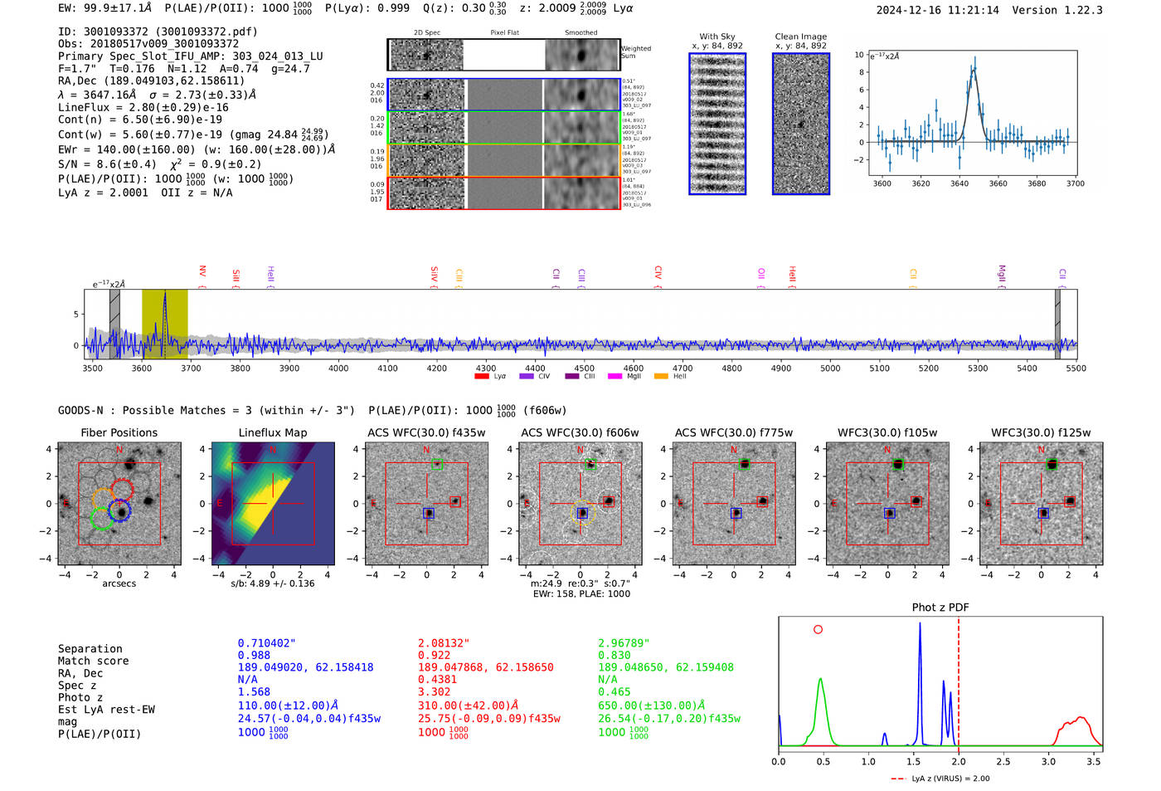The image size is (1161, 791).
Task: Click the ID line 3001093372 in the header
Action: tap(158, 32)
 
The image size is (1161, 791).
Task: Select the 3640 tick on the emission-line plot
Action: tap(959, 183)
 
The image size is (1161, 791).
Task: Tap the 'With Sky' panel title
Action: tap(717, 37)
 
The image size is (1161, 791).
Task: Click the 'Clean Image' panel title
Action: tap(800, 37)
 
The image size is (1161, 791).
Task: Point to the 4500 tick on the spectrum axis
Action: tap(584, 368)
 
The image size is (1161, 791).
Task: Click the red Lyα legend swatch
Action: tap(481, 377)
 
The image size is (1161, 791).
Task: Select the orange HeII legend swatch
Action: tap(661, 377)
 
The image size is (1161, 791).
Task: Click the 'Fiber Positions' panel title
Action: tap(119, 432)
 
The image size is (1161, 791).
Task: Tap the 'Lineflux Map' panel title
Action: tap(272, 432)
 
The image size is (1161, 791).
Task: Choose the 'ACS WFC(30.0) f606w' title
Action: tap(580, 432)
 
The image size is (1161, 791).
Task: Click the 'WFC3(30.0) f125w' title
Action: tap(1041, 432)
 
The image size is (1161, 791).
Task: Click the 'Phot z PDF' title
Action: tap(940, 608)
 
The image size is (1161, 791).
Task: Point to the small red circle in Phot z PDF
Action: tap(818, 629)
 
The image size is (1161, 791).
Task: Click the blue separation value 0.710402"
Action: tap(266, 643)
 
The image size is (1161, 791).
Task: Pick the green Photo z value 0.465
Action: tap(614, 691)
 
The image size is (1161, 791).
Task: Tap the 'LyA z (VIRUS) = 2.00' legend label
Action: tap(950, 779)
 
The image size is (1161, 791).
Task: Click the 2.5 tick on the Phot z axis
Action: tap(1003, 761)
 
